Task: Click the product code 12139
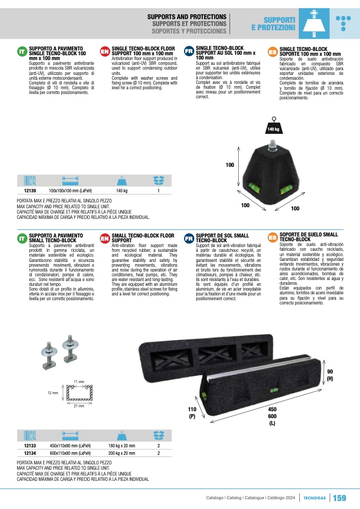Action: click(x=30, y=191)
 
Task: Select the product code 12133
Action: click(x=30, y=446)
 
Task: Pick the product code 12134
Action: click(x=30, y=453)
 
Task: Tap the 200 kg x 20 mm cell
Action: click(x=122, y=453)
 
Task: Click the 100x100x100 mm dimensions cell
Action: click(x=70, y=191)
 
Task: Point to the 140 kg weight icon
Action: click(x=273, y=126)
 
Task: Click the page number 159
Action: click(x=340, y=498)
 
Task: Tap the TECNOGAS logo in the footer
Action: click(x=314, y=498)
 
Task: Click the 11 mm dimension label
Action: click(x=79, y=381)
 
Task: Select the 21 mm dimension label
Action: click(x=79, y=406)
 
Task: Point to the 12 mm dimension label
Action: click(x=53, y=393)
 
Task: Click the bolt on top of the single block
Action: click(x=272, y=147)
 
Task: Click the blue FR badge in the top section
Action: click(x=189, y=52)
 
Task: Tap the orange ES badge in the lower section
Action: click(x=273, y=238)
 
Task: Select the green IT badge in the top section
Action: click(x=22, y=52)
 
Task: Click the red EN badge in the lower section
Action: click(x=105, y=239)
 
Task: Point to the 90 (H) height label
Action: click(x=330, y=375)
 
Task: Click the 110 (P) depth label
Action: click(x=192, y=413)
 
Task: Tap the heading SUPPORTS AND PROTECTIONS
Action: click(x=187, y=16)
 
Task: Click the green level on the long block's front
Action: click(x=274, y=390)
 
